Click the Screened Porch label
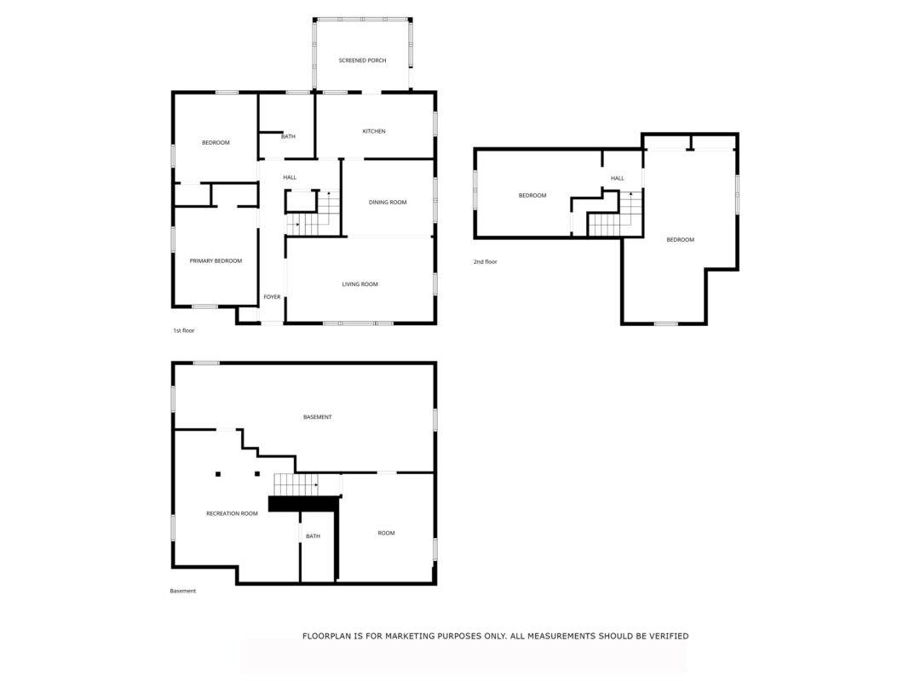[362, 60]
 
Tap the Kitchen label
[374, 131]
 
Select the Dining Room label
[388, 202]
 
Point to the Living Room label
[360, 284]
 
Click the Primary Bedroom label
[216, 261]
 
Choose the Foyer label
[272, 297]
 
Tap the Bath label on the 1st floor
[288, 137]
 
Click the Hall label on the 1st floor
[290, 177]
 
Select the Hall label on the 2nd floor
[618, 179]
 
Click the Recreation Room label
[232, 513]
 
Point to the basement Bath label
[313, 536]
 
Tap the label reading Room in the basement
[386, 534]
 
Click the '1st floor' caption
[184, 330]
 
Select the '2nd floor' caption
[486, 261]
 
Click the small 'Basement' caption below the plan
[182, 592]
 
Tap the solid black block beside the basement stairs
[304, 504]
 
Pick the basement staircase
[296, 484]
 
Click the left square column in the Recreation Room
[218, 474]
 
